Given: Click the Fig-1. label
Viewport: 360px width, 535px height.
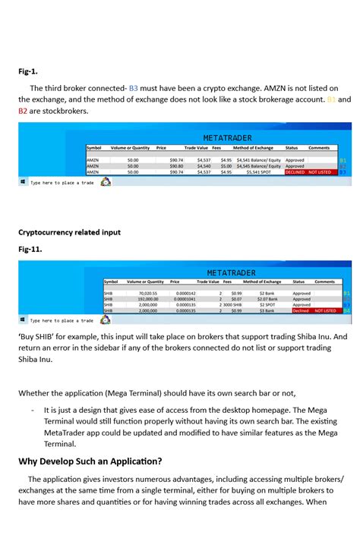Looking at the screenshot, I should point(28,71).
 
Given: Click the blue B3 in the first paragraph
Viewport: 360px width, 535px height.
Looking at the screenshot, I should point(133,87).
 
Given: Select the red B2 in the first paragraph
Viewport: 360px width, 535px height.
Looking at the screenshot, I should point(24,111).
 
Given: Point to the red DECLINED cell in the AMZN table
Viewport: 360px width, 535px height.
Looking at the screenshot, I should point(295,172).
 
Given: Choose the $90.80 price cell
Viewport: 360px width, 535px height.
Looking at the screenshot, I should point(176,166).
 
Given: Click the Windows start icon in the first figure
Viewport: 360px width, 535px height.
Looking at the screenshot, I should point(23,182).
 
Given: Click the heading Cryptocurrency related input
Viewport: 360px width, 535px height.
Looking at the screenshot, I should point(69,231).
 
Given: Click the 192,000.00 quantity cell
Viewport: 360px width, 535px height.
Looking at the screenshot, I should point(148,299).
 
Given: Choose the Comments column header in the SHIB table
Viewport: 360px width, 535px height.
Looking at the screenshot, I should point(324,282).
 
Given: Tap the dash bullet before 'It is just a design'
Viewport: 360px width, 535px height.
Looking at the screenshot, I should point(33,409).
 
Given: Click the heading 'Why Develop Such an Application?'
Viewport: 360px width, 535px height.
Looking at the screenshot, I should point(90,461).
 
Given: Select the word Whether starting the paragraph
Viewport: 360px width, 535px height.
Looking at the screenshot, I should point(36,392).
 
